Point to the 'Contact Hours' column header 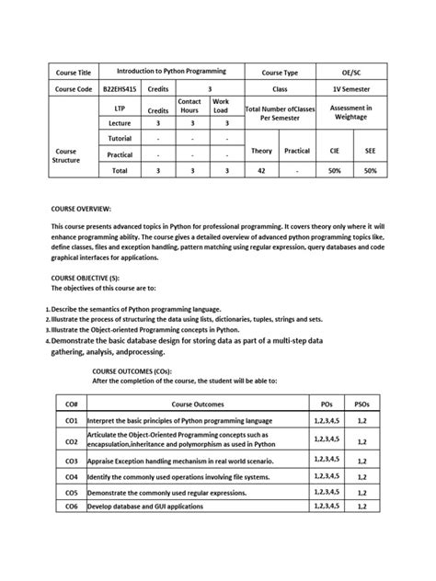coord(189,106)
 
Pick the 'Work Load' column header coord(222,106)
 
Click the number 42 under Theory coord(262,171)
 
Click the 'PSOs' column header coord(361,404)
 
